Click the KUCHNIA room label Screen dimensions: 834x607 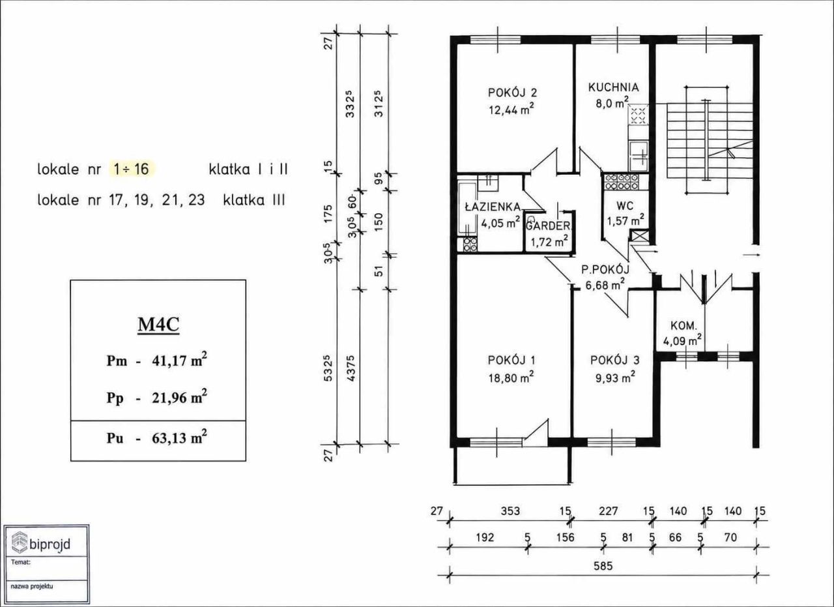(613, 87)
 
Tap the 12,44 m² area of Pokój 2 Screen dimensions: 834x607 (511, 110)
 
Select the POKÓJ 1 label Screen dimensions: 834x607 (511, 360)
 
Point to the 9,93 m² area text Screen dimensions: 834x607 (615, 378)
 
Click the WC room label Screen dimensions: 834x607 (625, 205)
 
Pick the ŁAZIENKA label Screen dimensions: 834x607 (492, 206)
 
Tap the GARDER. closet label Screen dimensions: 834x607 (548, 226)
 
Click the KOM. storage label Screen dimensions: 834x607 (683, 326)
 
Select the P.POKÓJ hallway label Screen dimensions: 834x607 (605, 269)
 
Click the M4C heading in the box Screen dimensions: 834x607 (158, 324)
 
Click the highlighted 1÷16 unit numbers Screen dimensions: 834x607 (132, 169)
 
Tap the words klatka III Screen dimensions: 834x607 (254, 200)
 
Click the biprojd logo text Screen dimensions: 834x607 (50, 544)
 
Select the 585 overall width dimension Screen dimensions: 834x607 (603, 566)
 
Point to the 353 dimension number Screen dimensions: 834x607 (510, 511)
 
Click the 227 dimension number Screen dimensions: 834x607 (608, 511)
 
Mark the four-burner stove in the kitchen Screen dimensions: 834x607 (638, 115)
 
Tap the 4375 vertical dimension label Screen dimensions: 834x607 (351, 368)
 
